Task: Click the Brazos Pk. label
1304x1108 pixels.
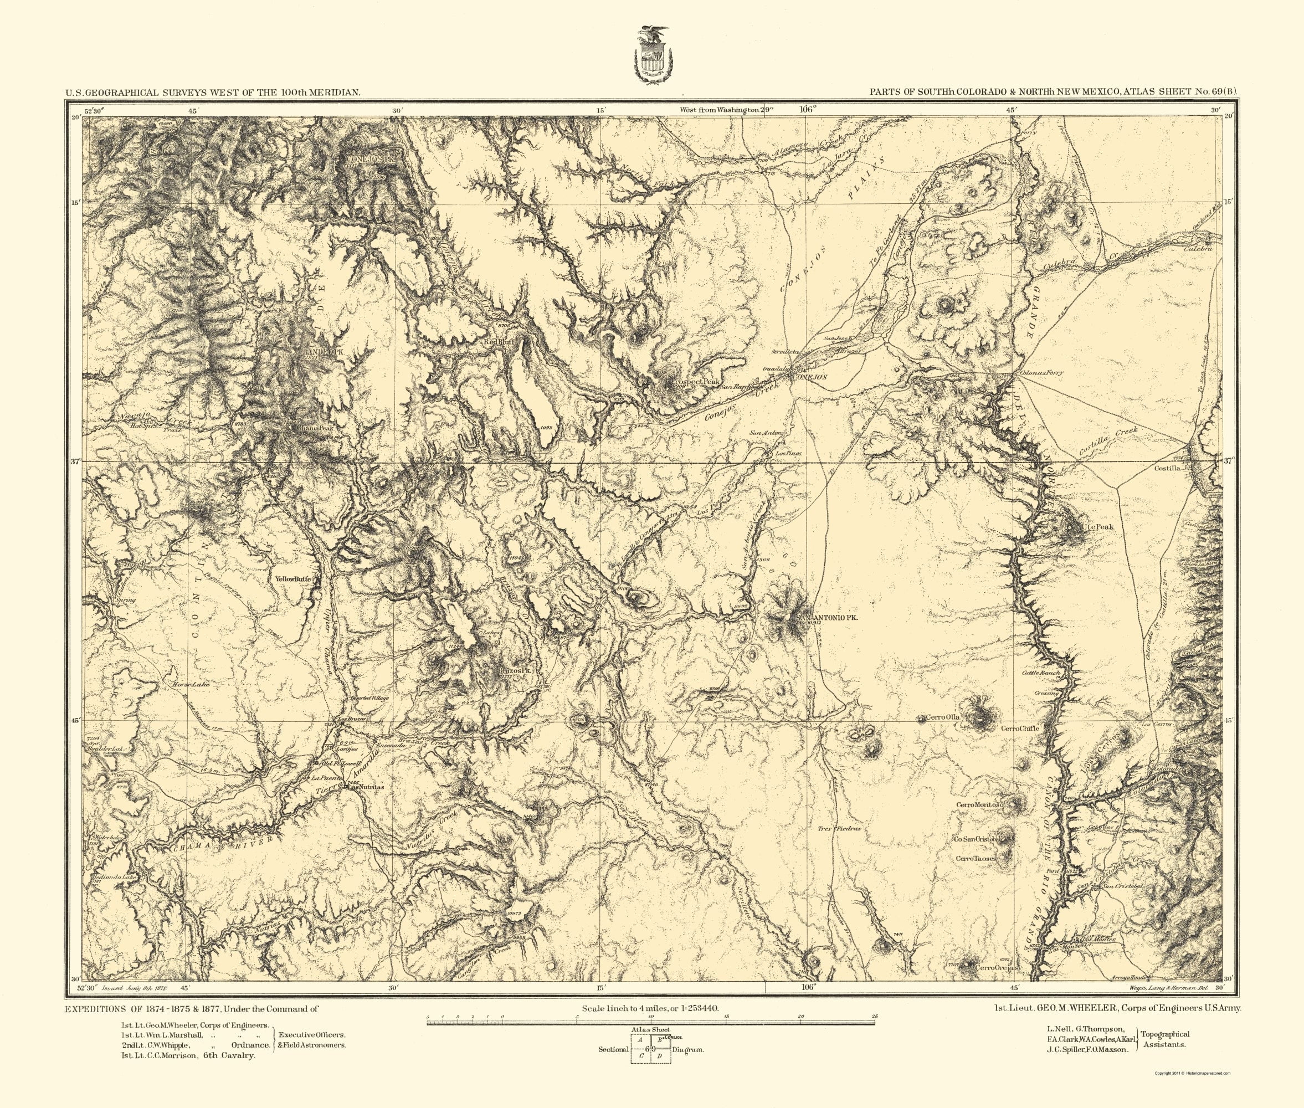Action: click(x=515, y=671)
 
